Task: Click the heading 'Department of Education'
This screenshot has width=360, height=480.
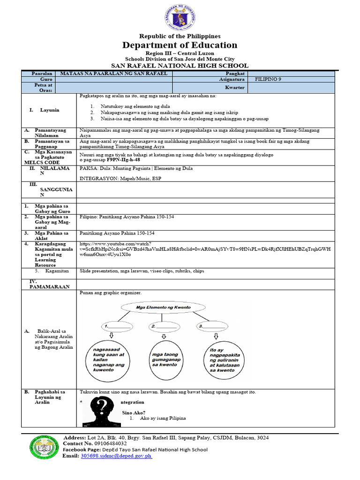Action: pos(180,45)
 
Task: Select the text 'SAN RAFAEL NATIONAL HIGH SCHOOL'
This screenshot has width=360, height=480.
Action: pos(180,66)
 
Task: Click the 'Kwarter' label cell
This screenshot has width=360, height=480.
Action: pos(234,88)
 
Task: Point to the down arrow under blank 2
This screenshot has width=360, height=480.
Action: pos(163,336)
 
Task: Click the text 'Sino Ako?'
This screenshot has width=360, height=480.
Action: pos(131,412)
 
